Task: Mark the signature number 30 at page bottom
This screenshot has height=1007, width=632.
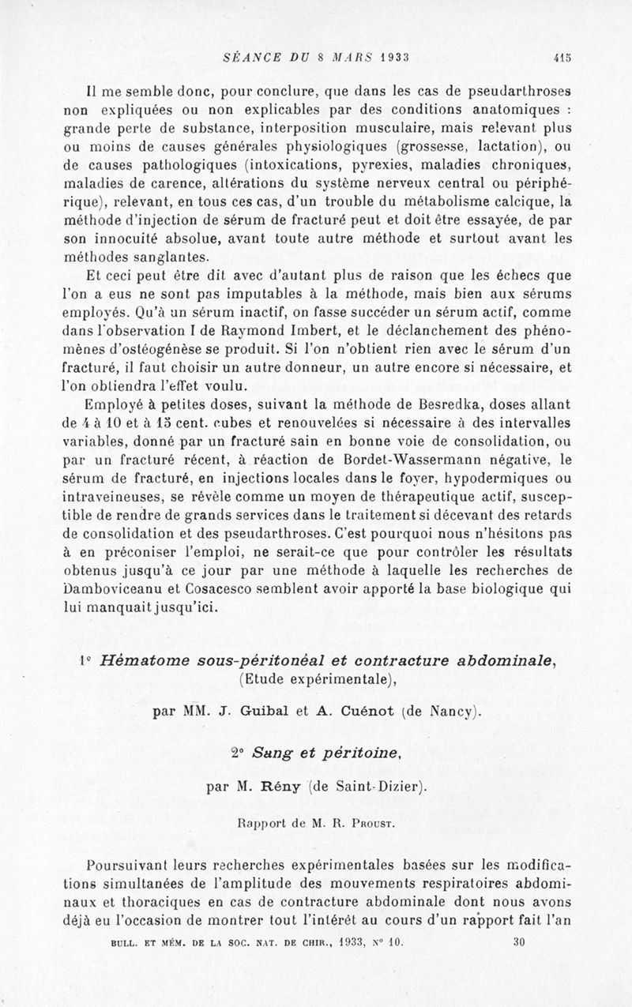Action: point(519,941)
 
